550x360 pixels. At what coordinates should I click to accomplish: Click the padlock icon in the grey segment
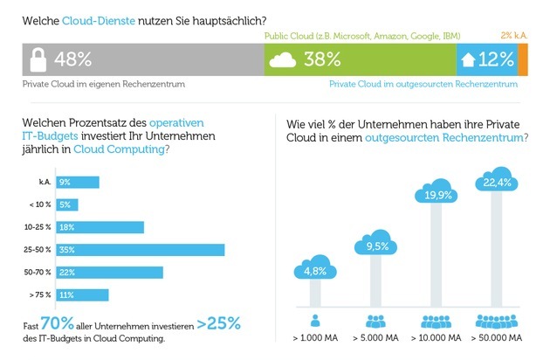pos(38,59)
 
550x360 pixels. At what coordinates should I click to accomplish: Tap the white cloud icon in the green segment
pos(282,59)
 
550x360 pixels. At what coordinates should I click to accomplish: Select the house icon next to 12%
pos(468,59)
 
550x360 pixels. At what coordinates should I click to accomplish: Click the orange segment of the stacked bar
pos(523,59)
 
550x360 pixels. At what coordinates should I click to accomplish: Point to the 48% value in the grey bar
pos(72,59)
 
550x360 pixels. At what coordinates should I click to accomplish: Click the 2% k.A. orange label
pos(514,35)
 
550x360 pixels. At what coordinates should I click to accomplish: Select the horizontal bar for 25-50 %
pos(141,250)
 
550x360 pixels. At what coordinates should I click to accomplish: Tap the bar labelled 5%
pos(67,204)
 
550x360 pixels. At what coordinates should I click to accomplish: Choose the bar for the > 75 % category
pos(82,295)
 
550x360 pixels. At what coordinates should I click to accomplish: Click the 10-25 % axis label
pos(38,227)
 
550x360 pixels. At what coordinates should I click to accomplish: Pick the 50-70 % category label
pos(38,273)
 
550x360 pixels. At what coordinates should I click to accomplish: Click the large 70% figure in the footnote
pos(58,322)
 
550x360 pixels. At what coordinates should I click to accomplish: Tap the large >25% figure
pos(219,323)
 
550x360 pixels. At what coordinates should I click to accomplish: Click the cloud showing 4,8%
pos(315,267)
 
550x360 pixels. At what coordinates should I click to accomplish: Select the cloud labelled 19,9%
pos(436,191)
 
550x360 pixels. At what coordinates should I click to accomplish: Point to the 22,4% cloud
pos(497,179)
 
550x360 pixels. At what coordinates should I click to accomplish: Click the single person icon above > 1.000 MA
pos(315,321)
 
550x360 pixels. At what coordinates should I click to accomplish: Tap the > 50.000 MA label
pos(497,338)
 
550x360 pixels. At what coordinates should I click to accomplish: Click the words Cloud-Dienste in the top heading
pos(99,21)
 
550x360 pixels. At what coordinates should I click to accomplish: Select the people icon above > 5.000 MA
pos(375,321)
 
